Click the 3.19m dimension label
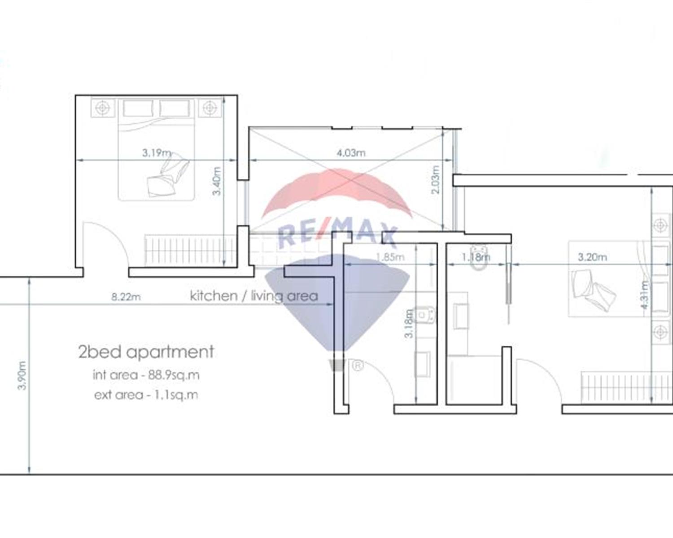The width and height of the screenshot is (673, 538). (157, 153)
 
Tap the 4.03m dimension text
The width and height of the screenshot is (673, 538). (351, 153)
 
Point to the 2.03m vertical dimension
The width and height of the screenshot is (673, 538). (435, 179)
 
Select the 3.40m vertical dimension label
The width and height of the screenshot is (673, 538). (217, 181)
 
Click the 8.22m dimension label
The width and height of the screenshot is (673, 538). (126, 297)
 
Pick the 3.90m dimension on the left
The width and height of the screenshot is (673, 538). (22, 375)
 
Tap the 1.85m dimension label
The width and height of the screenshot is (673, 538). (390, 257)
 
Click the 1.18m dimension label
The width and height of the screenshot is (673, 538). (476, 257)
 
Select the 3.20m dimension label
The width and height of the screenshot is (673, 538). (592, 257)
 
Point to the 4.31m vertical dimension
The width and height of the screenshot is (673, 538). (645, 295)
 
